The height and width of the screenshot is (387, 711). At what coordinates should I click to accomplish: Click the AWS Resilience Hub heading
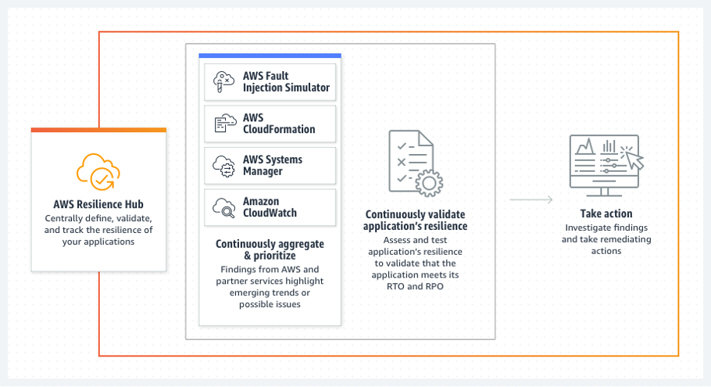click(98, 205)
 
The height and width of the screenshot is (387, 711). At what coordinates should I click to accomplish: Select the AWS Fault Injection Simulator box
click(270, 82)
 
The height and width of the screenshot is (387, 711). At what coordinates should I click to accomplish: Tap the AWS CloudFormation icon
click(224, 124)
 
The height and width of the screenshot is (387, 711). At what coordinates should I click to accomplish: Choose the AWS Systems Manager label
click(272, 165)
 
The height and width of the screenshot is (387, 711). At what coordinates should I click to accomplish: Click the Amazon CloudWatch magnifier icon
click(224, 207)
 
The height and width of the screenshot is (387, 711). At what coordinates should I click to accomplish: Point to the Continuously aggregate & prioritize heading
click(270, 249)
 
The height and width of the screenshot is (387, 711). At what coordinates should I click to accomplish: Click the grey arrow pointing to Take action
click(531, 200)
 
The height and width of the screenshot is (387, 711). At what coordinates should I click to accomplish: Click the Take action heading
click(606, 213)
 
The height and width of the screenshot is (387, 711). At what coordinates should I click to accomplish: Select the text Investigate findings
click(606, 228)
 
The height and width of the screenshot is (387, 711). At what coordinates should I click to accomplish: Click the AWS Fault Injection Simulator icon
click(224, 81)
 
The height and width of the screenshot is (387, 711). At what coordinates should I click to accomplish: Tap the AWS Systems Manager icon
click(224, 166)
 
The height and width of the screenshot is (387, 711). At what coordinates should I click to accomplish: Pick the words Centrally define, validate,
click(98, 218)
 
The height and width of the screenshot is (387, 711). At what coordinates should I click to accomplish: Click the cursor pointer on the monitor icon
click(634, 161)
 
